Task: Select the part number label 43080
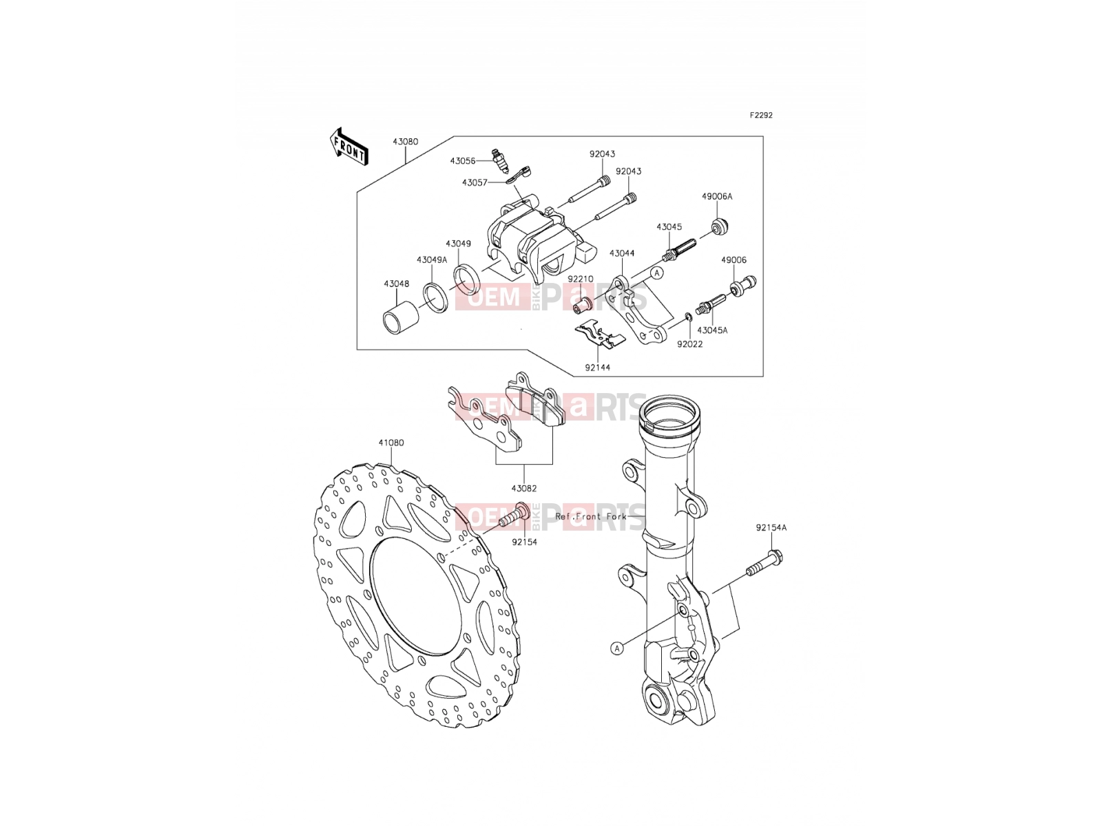point(405,142)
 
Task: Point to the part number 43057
point(475,183)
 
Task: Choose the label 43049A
point(432,260)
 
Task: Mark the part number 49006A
point(717,197)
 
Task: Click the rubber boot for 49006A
point(720,227)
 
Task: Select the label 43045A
point(712,330)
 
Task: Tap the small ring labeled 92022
point(688,317)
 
